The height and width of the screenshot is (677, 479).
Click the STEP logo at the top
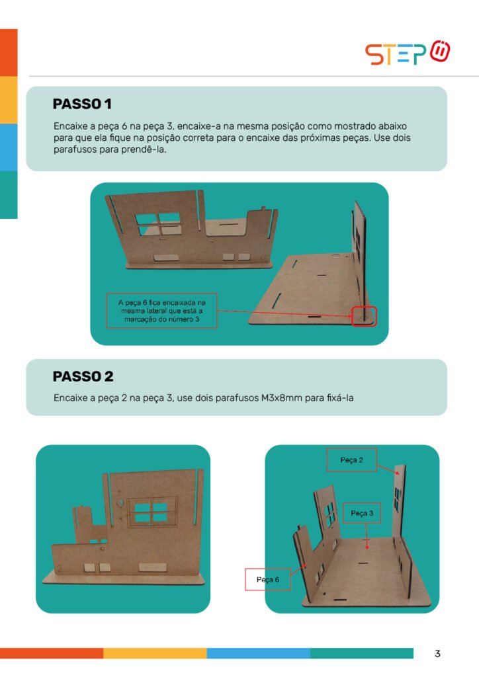pyautogui.click(x=408, y=53)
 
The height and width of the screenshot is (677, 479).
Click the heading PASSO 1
pyautogui.click(x=82, y=104)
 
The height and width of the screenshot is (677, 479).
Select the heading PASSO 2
pyautogui.click(x=83, y=376)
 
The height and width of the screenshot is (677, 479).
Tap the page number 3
pyautogui.click(x=437, y=654)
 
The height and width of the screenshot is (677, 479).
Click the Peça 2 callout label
pyautogui.click(x=351, y=460)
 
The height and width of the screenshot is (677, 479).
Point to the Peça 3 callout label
pyautogui.click(x=362, y=513)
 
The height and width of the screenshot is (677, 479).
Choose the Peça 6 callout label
pyautogui.click(x=268, y=579)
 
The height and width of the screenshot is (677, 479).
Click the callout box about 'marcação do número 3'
pyautogui.click(x=162, y=311)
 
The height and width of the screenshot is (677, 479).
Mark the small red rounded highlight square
pyautogui.click(x=364, y=317)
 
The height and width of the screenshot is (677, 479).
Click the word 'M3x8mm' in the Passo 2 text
pyautogui.click(x=282, y=398)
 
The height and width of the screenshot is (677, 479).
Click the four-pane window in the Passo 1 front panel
pyautogui.click(x=158, y=225)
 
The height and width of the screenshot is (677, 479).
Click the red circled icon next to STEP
pyautogui.click(x=440, y=51)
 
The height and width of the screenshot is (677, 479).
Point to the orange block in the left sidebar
pyautogui.click(x=9, y=53)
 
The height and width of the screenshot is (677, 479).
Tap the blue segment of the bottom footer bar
pyautogui.click(x=258, y=653)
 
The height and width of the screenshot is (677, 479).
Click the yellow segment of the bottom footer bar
pyautogui.click(x=155, y=653)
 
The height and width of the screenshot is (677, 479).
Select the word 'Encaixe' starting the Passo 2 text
pyautogui.click(x=70, y=398)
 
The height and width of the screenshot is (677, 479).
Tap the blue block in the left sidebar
pyautogui.click(x=9, y=147)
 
